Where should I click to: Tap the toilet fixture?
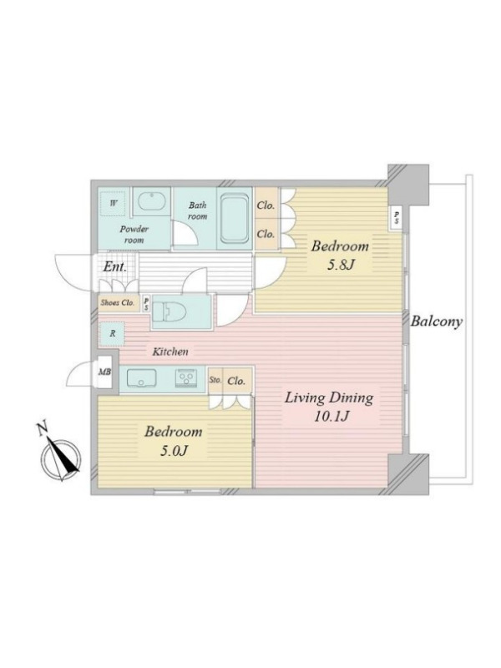pos(170,313)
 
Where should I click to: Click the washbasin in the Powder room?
pos(152,202)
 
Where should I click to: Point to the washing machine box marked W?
pos(113,203)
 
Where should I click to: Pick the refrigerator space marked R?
pos(113,333)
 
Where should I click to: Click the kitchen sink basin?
pos(141,378)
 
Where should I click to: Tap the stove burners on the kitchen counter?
pos(186,378)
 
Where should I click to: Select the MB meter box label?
pos(105,372)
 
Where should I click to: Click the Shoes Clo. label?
pos(117,303)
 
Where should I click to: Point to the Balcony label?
pos(436,321)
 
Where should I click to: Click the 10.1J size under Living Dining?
pos(331,416)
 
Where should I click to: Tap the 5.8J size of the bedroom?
pos(341,265)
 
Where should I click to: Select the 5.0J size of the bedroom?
pos(174,450)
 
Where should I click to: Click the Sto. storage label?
pos(215,380)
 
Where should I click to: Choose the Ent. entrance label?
pos(115,267)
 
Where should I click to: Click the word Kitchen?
pos(170,352)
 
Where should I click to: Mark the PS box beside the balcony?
pos(397,218)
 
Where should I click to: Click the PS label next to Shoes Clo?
pos(146,304)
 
